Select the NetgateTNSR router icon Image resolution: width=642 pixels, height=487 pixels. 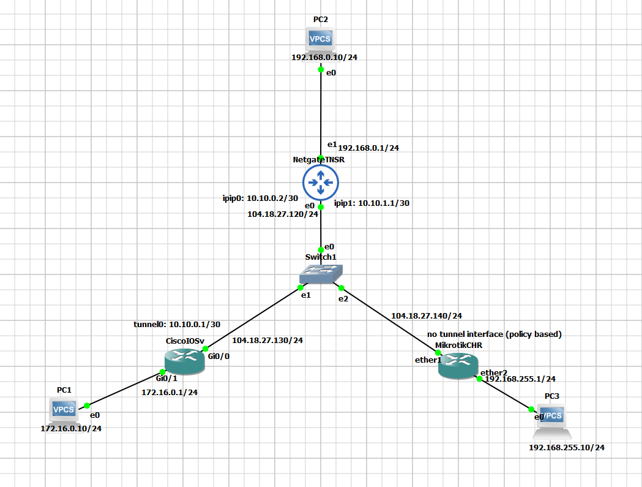click(321, 182)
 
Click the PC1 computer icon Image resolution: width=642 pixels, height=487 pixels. click(64, 410)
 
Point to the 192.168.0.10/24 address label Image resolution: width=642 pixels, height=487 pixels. click(324, 58)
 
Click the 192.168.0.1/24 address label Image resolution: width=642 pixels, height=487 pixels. click(368, 148)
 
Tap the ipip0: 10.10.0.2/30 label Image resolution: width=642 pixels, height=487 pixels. click(259, 198)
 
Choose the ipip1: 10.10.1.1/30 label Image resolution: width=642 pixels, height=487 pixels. click(371, 203)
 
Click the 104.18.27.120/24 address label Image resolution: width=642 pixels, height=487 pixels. click(283, 214)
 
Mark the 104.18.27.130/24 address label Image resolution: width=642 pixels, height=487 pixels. click(267, 340)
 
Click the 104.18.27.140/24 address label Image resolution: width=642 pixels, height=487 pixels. click(426, 315)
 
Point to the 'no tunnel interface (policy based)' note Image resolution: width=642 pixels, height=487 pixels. click(494, 334)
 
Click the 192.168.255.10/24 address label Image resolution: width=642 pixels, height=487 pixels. click(567, 448)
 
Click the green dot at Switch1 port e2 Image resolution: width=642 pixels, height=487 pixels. click(342, 288)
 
